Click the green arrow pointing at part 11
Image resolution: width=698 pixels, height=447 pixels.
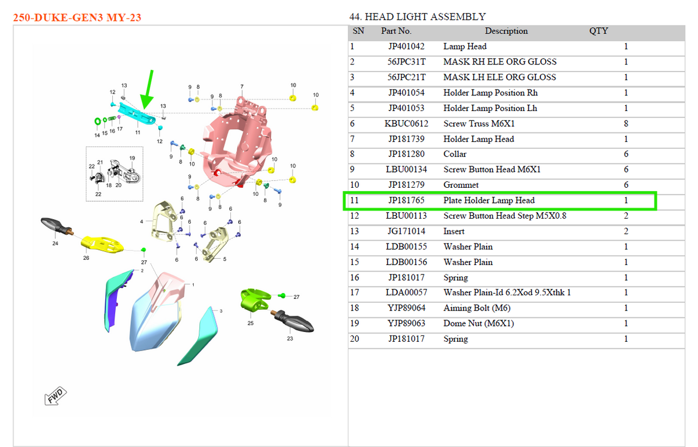click(147, 90)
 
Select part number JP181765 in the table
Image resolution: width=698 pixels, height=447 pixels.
click(406, 201)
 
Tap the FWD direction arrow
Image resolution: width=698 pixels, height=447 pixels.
click(55, 396)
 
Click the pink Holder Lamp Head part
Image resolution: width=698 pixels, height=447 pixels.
click(236, 144)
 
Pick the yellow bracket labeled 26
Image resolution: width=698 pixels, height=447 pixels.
click(102, 245)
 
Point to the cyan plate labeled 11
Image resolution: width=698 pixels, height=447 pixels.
click(137, 114)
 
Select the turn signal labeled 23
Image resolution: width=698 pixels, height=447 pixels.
click(293, 321)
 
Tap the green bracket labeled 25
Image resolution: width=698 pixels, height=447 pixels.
click(255, 299)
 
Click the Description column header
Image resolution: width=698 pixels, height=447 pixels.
click(506, 31)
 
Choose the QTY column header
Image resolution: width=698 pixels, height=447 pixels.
click(599, 31)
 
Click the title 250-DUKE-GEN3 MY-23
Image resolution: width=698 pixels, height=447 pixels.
click(77, 17)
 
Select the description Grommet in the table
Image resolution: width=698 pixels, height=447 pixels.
click(461, 185)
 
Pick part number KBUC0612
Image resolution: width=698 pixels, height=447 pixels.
click(406, 124)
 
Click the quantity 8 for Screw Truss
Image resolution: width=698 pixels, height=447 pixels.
click(626, 124)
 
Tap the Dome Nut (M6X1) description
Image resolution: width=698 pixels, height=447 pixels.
click(478, 323)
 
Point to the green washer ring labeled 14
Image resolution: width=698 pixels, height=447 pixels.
click(98, 121)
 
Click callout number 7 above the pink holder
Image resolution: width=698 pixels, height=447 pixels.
click(242, 86)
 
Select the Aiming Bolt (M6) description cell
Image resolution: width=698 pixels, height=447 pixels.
click(477, 308)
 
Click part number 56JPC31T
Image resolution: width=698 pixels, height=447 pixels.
click(406, 62)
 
